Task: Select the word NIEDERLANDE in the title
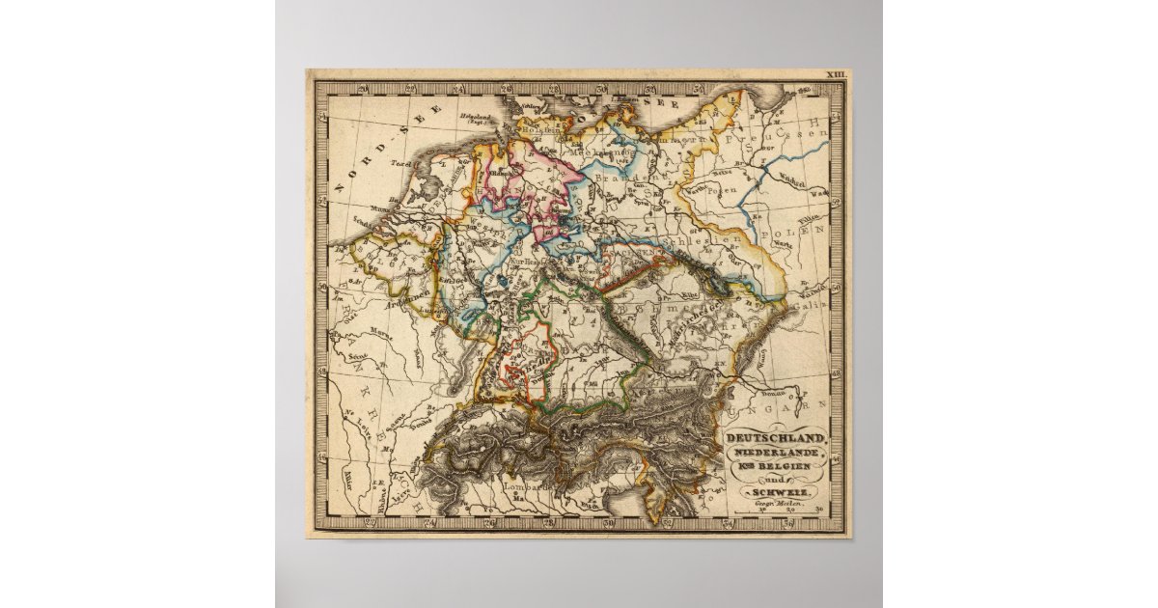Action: tap(775, 453)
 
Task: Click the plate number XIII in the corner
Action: tap(835, 74)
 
